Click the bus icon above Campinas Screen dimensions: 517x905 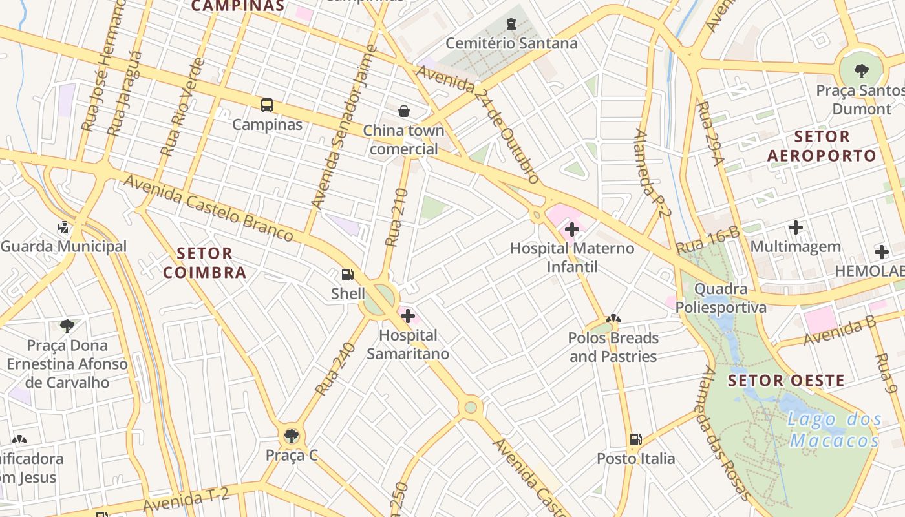266,105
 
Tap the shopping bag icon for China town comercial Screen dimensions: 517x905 404,111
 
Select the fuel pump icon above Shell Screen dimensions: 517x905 348,275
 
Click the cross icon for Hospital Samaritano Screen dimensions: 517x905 408,316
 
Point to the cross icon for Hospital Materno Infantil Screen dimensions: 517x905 571,229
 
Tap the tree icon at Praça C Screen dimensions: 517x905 292,436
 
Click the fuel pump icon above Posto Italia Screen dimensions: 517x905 635,439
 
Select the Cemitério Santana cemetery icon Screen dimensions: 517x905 511,25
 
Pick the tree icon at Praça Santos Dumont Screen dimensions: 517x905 861,70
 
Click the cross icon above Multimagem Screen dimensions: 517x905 796,227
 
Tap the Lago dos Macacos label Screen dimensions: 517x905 834,430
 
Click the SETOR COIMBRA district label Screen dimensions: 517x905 205,262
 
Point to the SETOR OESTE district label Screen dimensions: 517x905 786,380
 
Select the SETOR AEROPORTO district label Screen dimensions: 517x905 822,146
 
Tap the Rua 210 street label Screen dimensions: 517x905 396,218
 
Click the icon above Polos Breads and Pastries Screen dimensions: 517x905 613,319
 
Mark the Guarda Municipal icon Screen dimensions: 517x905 63,227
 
